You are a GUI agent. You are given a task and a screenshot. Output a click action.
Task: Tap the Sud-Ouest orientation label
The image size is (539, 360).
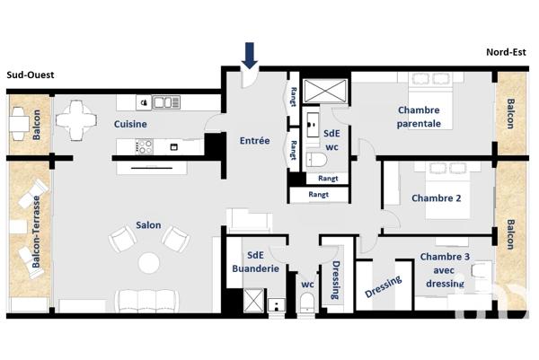point(31,75)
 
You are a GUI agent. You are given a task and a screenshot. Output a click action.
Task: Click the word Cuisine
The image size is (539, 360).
point(130,125)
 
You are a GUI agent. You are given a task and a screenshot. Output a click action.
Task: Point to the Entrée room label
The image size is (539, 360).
point(254,141)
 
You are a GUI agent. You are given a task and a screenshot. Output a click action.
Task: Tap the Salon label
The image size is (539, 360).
point(148,225)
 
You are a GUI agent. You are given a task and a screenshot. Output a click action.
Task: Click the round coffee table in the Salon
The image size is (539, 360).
point(148,261)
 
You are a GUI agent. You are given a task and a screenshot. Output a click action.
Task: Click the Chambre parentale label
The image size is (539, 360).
point(420,117)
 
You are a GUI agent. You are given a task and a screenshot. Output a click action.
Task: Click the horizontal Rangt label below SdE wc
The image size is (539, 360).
point(318,194)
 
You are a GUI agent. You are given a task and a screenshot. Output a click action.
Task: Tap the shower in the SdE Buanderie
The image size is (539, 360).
point(254,298)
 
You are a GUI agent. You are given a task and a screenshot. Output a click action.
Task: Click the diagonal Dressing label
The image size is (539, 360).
point(384,287)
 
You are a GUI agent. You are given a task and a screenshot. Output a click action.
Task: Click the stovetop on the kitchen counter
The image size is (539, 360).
point(144,146)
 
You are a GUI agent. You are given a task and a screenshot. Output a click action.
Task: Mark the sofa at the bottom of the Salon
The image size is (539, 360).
point(148,300)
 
